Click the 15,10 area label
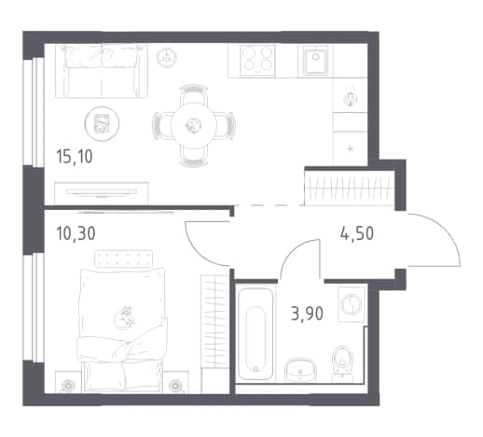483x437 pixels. pyautogui.click(x=75, y=157)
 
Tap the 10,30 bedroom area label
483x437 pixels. pyautogui.click(x=76, y=233)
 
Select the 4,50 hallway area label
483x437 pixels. pyautogui.click(x=357, y=233)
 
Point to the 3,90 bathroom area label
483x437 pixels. pyautogui.click(x=307, y=314)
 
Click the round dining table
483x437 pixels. pyautogui.click(x=194, y=125)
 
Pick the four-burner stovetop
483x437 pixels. pyautogui.click(x=257, y=60)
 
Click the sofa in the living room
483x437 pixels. pyautogui.click(x=102, y=71)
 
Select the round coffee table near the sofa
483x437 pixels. pyautogui.click(x=102, y=122)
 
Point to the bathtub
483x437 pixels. pyautogui.click(x=255, y=333)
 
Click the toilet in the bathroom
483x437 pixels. pyautogui.click(x=342, y=363)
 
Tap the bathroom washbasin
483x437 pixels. pyautogui.click(x=300, y=370)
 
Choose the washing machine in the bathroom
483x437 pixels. pyautogui.click(x=352, y=303)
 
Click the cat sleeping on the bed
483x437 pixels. pyautogui.click(x=125, y=317)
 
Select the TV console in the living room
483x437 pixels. pyautogui.click(x=102, y=193)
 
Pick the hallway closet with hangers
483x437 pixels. pyautogui.click(x=350, y=188)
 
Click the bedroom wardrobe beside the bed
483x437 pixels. pyautogui.click(x=214, y=334)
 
